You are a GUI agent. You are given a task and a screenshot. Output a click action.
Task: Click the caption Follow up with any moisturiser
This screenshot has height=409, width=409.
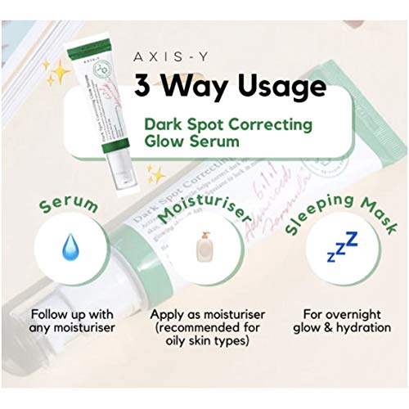tap(65, 321)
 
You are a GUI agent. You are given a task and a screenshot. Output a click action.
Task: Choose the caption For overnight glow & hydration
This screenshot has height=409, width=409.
tap(340, 321)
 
